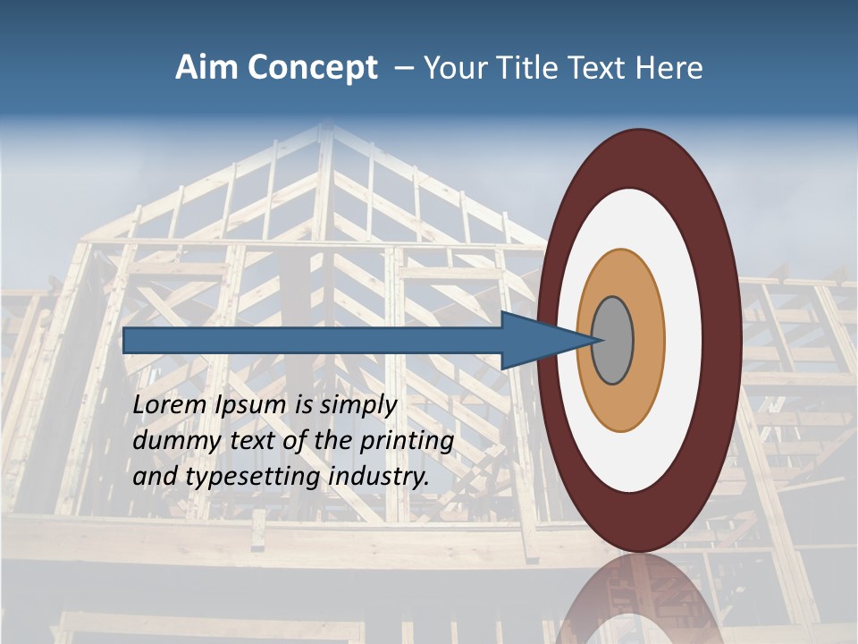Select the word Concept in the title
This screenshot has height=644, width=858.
click(313, 69)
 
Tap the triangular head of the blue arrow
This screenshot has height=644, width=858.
click(536, 341)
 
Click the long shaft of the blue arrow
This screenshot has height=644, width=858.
click(313, 341)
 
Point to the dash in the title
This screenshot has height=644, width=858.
click(404, 69)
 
